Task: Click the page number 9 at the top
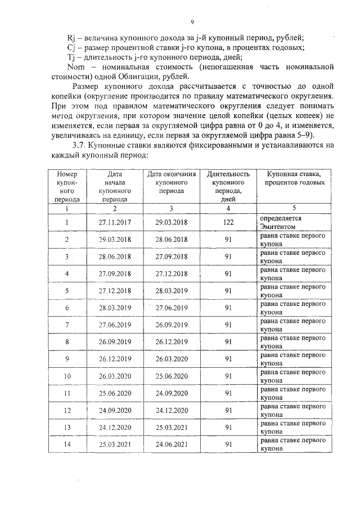point(192,22)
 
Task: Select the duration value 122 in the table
point(228,222)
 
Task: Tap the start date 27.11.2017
point(114,222)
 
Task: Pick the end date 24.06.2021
point(172,444)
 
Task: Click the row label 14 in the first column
point(67,444)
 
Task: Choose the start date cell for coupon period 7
point(114,325)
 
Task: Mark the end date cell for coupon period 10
point(172,376)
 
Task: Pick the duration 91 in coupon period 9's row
point(228,359)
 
